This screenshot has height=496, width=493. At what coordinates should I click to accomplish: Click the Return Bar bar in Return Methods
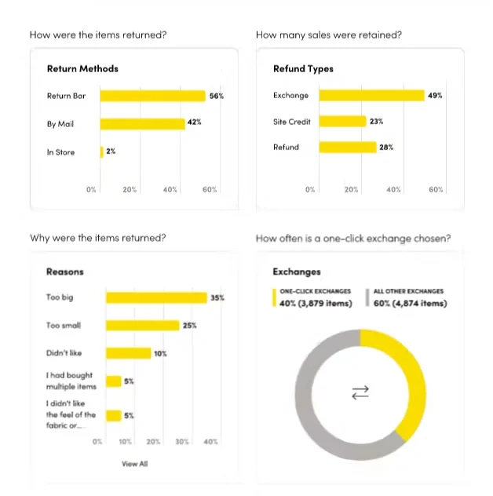coord(153,96)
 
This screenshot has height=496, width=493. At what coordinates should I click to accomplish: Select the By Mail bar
coord(142,124)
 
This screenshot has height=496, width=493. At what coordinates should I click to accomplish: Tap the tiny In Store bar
coord(101,152)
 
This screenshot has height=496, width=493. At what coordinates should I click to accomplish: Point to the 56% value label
coord(217,96)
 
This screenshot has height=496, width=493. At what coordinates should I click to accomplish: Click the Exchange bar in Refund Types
coord(372,96)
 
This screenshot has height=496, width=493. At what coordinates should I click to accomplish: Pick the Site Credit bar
coord(343,122)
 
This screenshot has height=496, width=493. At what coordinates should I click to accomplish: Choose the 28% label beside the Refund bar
coord(386,147)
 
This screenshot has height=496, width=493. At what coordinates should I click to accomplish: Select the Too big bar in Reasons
coord(157,297)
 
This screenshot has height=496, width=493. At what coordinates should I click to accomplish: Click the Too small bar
coord(143,326)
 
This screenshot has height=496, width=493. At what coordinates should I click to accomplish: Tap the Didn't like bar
coord(129,353)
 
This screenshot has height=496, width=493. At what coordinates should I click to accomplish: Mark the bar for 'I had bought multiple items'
coord(114,381)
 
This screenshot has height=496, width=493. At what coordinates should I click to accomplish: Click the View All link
coord(135,464)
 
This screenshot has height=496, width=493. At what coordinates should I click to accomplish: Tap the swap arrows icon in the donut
coord(360,392)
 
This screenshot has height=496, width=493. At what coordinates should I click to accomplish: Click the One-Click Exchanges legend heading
coord(315,291)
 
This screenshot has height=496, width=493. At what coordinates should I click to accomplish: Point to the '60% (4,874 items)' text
coord(410,304)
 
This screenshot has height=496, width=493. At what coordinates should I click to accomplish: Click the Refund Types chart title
coord(303,68)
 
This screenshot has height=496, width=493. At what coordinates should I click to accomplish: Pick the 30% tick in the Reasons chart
coord(182,442)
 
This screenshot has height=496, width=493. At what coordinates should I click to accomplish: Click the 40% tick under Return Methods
coord(170,189)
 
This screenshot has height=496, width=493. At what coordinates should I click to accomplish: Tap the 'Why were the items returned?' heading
coord(98,238)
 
